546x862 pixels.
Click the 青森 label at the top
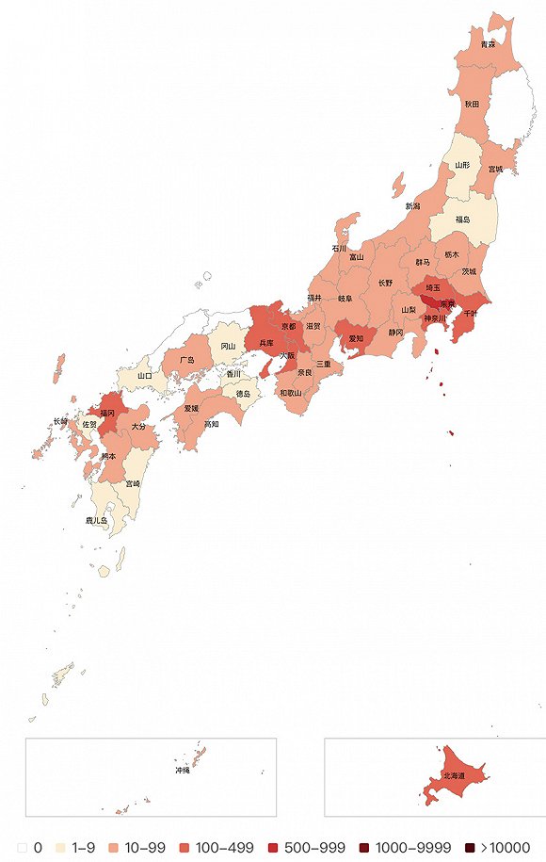click(488, 44)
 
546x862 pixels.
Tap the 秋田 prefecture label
click(472, 104)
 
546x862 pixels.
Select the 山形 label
click(462, 164)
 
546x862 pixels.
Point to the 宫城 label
click(495, 170)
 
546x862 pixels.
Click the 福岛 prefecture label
click(462, 220)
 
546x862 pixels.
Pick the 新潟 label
click(413, 205)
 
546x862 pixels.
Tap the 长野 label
click(386, 282)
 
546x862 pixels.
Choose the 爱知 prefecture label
click(357, 337)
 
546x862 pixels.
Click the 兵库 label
click(266, 343)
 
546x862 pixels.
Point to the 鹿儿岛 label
click(97, 519)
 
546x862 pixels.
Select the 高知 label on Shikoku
click(211, 424)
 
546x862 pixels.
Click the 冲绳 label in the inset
click(182, 771)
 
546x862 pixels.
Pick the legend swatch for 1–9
click(65, 847)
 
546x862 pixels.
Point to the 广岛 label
click(185, 360)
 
